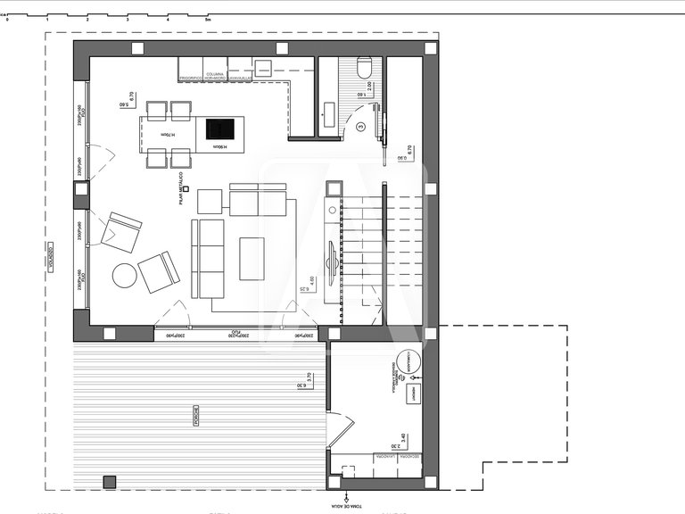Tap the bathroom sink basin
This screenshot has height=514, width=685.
[x=327, y=112]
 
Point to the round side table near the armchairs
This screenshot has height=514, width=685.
[x=125, y=276]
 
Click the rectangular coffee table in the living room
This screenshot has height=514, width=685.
[x=252, y=259]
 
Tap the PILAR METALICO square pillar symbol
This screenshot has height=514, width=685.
[x=186, y=189]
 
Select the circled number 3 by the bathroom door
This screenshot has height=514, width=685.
[x=360, y=128]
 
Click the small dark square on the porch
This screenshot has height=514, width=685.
[x=110, y=482]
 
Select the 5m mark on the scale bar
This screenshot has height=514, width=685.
[x=208, y=18]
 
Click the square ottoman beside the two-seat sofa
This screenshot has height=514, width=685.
[x=210, y=202]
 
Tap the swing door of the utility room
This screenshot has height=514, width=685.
[x=340, y=433]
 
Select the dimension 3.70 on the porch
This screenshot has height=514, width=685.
[x=308, y=378]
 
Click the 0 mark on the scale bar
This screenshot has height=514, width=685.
[x=7, y=18]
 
